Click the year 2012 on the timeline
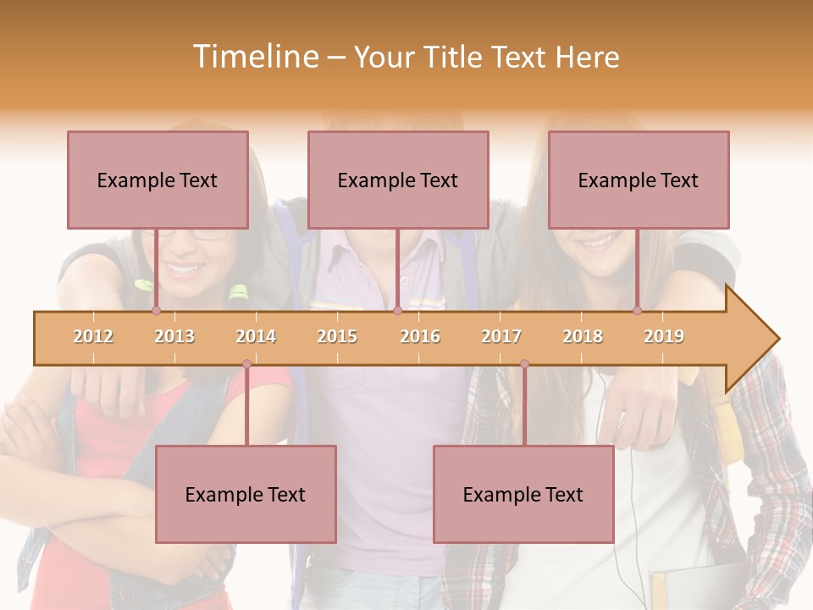pos(93,336)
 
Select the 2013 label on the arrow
pos(174,336)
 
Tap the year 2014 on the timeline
pos(256,336)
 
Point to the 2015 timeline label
pos(337,336)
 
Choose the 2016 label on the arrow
pos(420,336)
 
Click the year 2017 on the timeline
pos(501,336)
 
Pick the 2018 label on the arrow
pos(583,336)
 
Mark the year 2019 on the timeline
pos(664,336)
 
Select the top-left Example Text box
pos(158,180)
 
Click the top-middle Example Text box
pos(398,180)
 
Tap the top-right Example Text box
pos(639,180)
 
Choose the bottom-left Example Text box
pos(246,494)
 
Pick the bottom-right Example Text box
pos(523,494)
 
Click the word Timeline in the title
pos(254,57)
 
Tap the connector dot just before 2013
pos(156,311)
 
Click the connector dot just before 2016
pos(397,311)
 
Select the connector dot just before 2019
pos(638,311)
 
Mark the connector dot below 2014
pos(246,364)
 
